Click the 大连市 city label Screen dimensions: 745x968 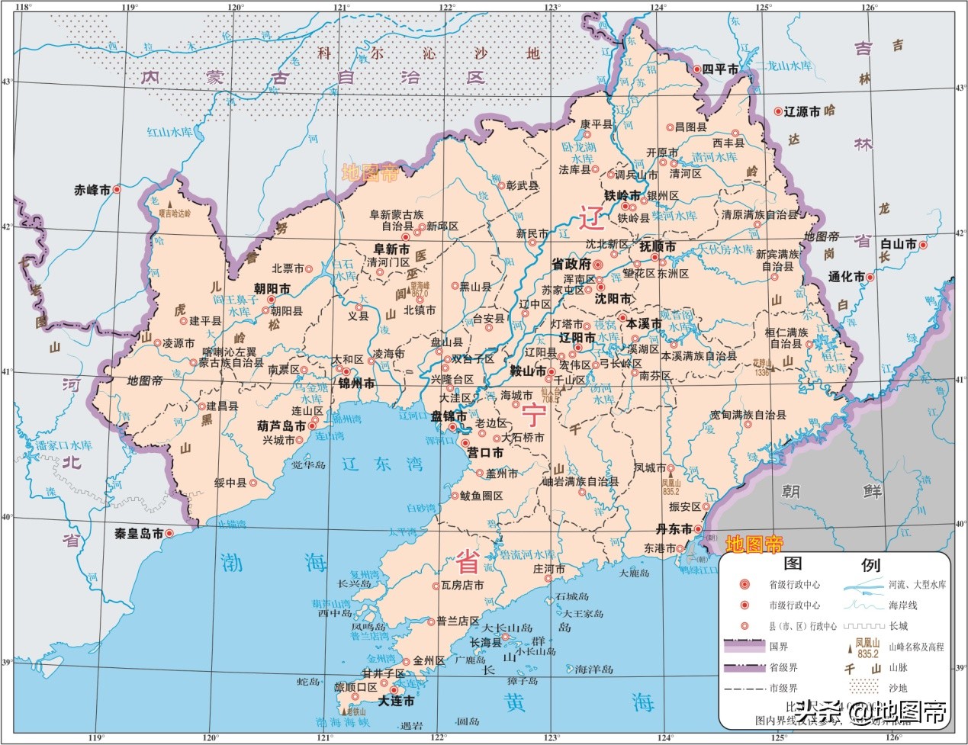tap(397, 701)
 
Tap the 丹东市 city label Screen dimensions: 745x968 tap(674, 529)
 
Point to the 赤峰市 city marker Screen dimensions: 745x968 tap(117, 189)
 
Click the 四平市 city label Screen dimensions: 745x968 tap(721, 69)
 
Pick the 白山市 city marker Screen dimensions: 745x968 tap(923, 245)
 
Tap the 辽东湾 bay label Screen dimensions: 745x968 tap(371, 463)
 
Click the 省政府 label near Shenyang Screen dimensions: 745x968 tap(571, 264)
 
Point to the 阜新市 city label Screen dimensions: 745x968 tap(391, 248)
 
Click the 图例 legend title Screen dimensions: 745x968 tap(831, 565)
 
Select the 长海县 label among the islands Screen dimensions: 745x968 tap(484, 642)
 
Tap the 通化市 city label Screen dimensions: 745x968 tap(847, 277)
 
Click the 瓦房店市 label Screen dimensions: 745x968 tap(462, 586)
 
